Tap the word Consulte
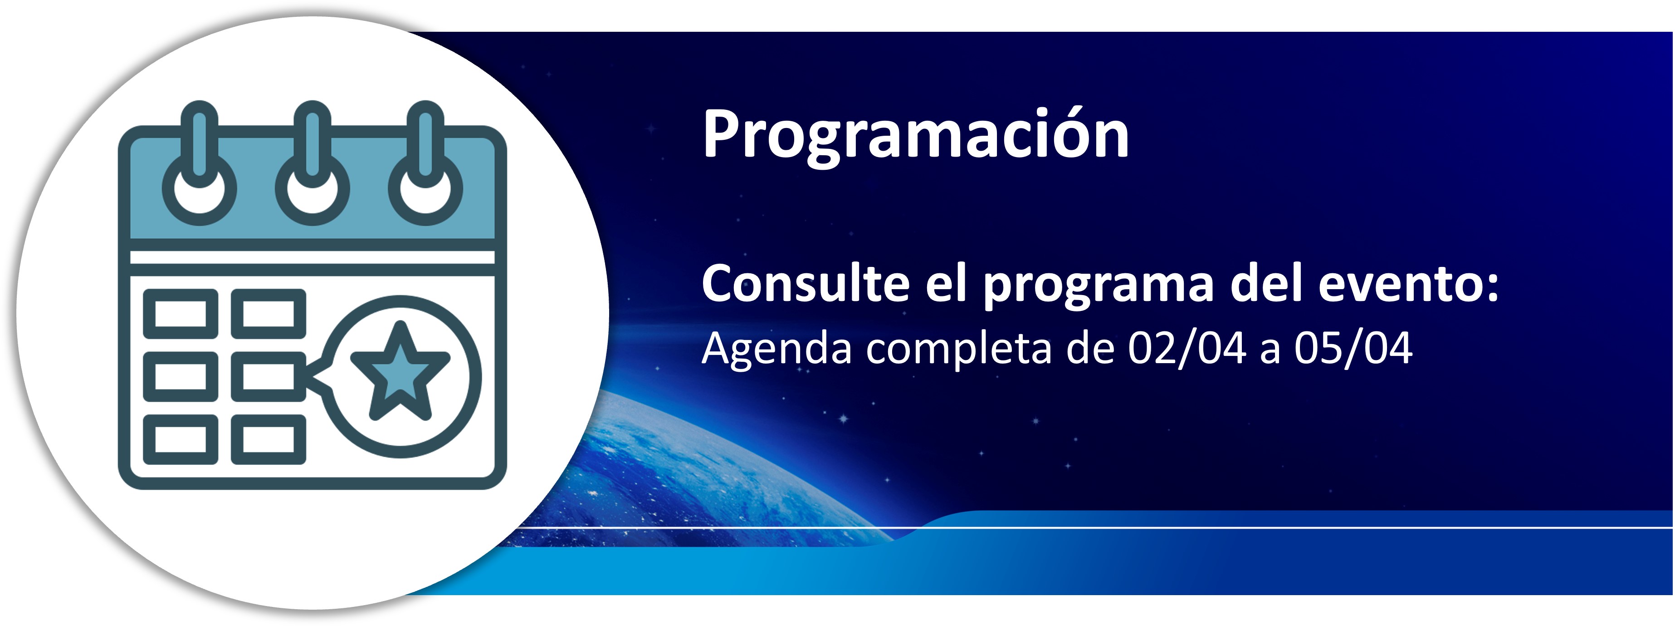point(806,284)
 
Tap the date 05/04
point(1353,348)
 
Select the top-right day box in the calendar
point(269,314)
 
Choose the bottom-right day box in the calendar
point(269,440)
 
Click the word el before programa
point(946,283)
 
